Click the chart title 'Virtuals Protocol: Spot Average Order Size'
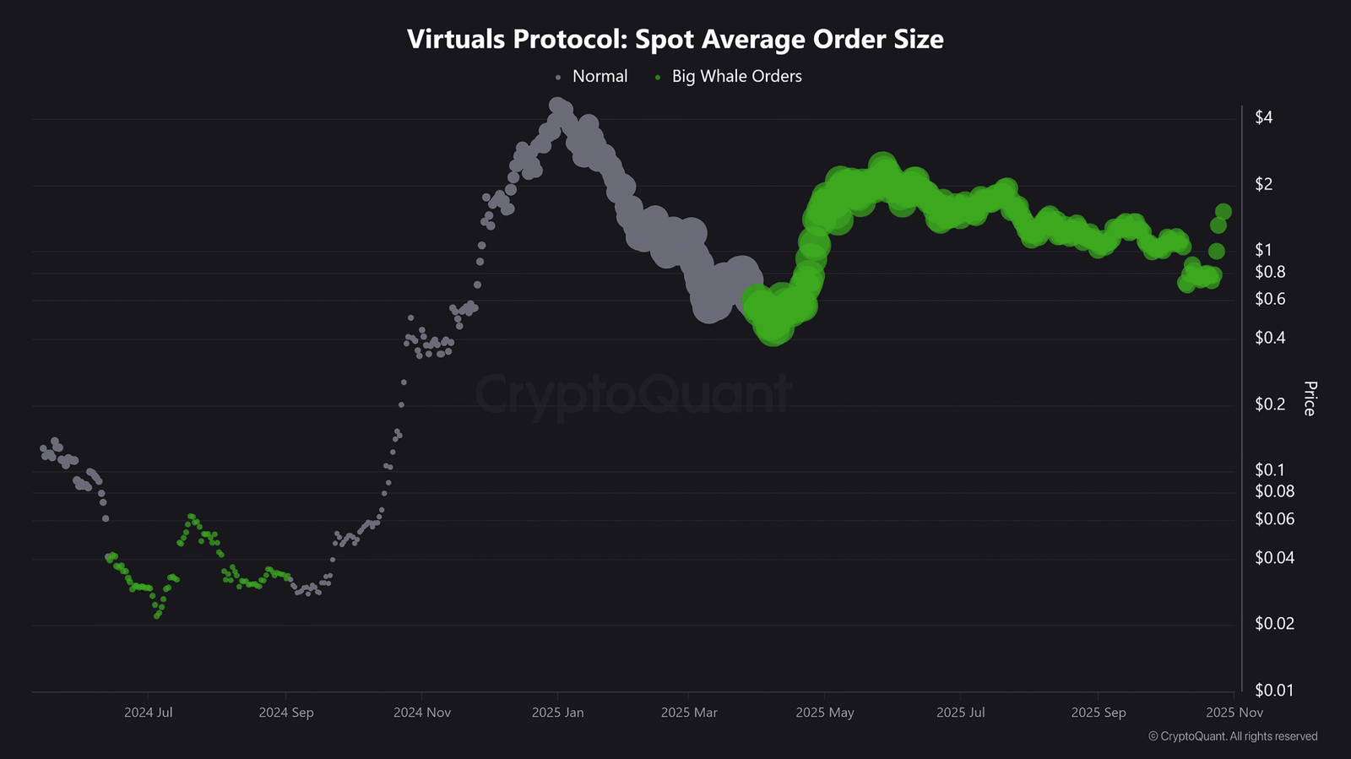[675, 39]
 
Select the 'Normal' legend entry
[592, 77]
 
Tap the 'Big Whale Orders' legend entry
[729, 77]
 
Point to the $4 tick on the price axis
[1263, 117]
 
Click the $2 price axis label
[1263, 184]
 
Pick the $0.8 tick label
[1270, 272]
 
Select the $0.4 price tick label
[1270, 338]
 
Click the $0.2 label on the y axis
[1270, 404]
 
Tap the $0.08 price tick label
[1274, 491]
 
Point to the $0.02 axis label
[1274, 623]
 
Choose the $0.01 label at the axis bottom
[1274, 690]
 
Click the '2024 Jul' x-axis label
[149, 713]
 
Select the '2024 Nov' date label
[422, 713]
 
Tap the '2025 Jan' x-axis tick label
[558, 713]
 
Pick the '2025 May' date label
[824, 713]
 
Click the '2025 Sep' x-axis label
[1099, 713]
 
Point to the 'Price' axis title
[1310, 398]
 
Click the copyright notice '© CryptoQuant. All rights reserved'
[1233, 737]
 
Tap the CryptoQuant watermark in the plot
[633, 394]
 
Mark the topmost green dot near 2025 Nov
[1223, 211]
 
